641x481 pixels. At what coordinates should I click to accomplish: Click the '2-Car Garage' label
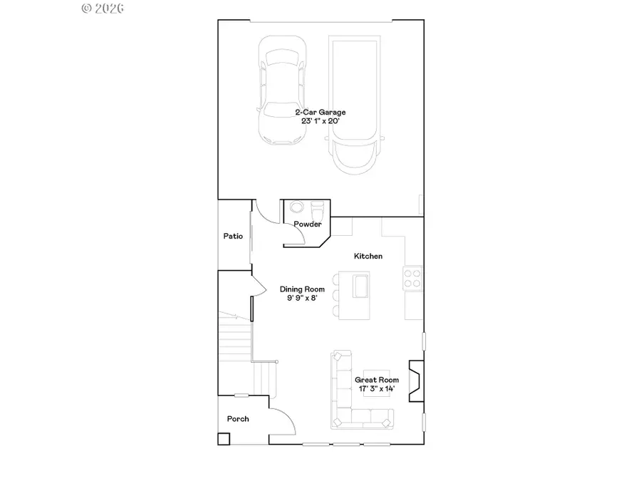[x=320, y=113]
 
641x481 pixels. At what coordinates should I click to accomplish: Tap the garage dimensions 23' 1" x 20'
[x=320, y=121]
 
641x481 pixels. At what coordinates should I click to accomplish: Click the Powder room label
[x=308, y=224]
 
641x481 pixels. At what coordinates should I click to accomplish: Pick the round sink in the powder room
[x=296, y=209]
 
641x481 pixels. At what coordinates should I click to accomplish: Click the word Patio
[x=234, y=236]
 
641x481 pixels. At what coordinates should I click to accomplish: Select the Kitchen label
[x=369, y=256]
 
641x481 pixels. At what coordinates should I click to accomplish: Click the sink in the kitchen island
[x=359, y=286]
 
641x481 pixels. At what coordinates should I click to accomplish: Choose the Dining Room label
[x=302, y=289]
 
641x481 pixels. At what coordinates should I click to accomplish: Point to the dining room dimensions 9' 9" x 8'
[x=302, y=299]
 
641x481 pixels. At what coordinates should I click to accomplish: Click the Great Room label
[x=377, y=380]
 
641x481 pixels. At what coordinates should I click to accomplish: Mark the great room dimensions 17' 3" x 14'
[x=377, y=389]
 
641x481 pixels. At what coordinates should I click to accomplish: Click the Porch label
[x=238, y=419]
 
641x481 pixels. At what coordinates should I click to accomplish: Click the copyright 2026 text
[x=103, y=9]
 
